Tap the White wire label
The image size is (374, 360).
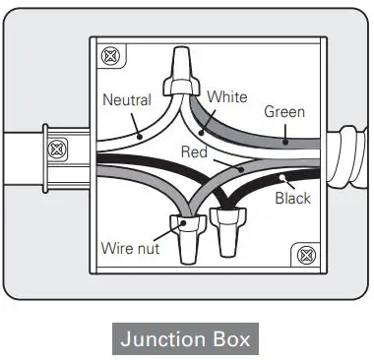tap(227, 98)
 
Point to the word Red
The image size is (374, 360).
tap(194, 151)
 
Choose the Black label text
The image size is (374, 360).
tap(292, 198)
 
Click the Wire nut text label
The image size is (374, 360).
tap(130, 248)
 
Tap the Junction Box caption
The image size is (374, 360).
tap(185, 339)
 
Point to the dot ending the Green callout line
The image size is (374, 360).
tap(286, 142)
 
